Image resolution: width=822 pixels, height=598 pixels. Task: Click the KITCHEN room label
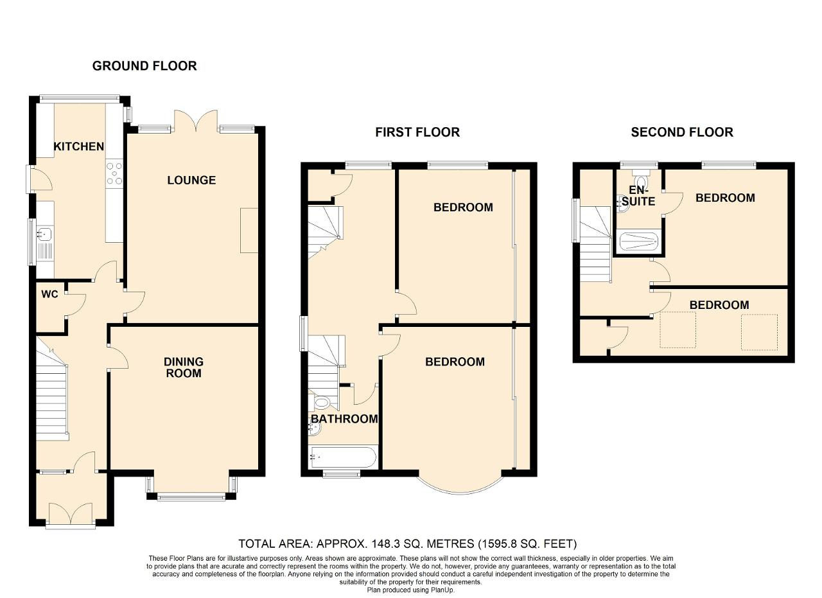point(79,146)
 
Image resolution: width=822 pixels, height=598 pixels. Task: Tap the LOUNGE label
point(191,180)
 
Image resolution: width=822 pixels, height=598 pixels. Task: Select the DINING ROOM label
point(184,367)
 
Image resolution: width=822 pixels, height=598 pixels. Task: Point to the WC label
point(49,294)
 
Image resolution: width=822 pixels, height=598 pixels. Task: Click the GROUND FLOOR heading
point(144,66)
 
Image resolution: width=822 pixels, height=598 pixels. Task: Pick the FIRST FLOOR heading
point(417,132)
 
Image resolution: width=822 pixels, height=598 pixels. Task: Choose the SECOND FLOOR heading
point(682,132)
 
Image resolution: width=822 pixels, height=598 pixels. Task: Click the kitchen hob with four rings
point(114,173)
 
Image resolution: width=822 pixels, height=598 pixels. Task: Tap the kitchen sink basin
point(44,233)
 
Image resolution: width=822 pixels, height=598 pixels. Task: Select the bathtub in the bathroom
point(343,457)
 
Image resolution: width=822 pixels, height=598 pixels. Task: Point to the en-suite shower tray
point(639,242)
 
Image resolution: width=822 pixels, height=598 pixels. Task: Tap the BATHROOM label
point(344,419)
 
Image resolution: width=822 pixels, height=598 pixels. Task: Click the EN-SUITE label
point(638,196)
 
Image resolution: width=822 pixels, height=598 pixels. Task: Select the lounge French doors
point(197,120)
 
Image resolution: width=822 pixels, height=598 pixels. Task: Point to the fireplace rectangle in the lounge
point(249,230)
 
